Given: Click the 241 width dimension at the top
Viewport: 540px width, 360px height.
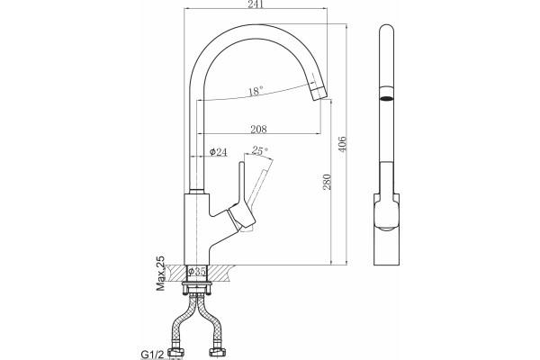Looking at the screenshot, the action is (x=256, y=4).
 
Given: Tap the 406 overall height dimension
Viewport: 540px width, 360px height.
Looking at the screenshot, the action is (x=342, y=144).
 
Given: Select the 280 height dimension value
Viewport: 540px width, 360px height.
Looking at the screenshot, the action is (x=327, y=182).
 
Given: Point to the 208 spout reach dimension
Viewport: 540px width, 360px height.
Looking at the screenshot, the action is (x=258, y=130).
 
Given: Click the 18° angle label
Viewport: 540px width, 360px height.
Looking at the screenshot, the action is (x=256, y=91).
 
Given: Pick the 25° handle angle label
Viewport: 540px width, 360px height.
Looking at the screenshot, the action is (x=259, y=150).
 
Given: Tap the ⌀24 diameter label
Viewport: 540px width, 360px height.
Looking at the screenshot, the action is (x=219, y=151).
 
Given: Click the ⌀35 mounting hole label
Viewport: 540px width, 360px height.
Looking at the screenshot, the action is (x=196, y=272).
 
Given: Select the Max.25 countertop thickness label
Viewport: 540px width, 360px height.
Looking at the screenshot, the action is (x=160, y=274).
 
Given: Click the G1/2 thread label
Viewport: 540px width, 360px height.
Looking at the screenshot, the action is (x=152, y=355).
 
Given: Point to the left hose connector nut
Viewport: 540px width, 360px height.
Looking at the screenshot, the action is (x=176, y=351).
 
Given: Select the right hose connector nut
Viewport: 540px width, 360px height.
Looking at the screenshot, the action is (x=217, y=351).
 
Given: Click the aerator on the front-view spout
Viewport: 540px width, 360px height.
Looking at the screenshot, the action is (x=386, y=93).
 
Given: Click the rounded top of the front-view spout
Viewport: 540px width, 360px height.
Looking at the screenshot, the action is (x=386, y=28).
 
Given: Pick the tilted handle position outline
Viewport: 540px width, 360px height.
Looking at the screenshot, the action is (x=261, y=187).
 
